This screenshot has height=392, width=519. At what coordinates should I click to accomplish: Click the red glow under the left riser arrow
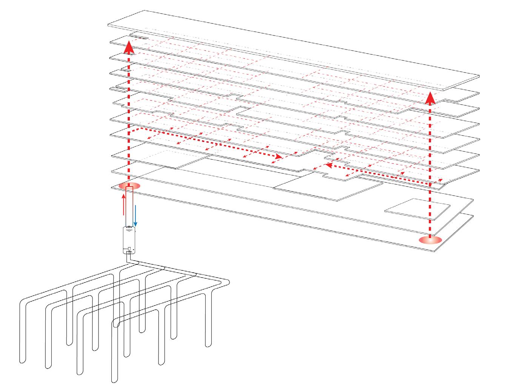click(x=129, y=186)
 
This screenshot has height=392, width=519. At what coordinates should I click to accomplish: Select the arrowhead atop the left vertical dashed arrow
click(x=129, y=47)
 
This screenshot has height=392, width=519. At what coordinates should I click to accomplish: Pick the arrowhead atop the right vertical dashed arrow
click(x=430, y=99)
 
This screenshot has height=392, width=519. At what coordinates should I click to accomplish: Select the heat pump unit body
click(x=129, y=240)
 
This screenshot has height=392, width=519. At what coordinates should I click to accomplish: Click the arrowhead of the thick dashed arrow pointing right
click(x=279, y=156)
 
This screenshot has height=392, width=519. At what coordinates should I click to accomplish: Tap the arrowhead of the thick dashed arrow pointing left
click(x=328, y=165)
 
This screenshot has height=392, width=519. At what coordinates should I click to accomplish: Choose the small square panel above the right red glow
click(x=417, y=208)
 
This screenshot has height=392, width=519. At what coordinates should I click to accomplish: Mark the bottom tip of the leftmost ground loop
click(x=23, y=361)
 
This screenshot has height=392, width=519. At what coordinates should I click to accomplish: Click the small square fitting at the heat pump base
click(x=129, y=250)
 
